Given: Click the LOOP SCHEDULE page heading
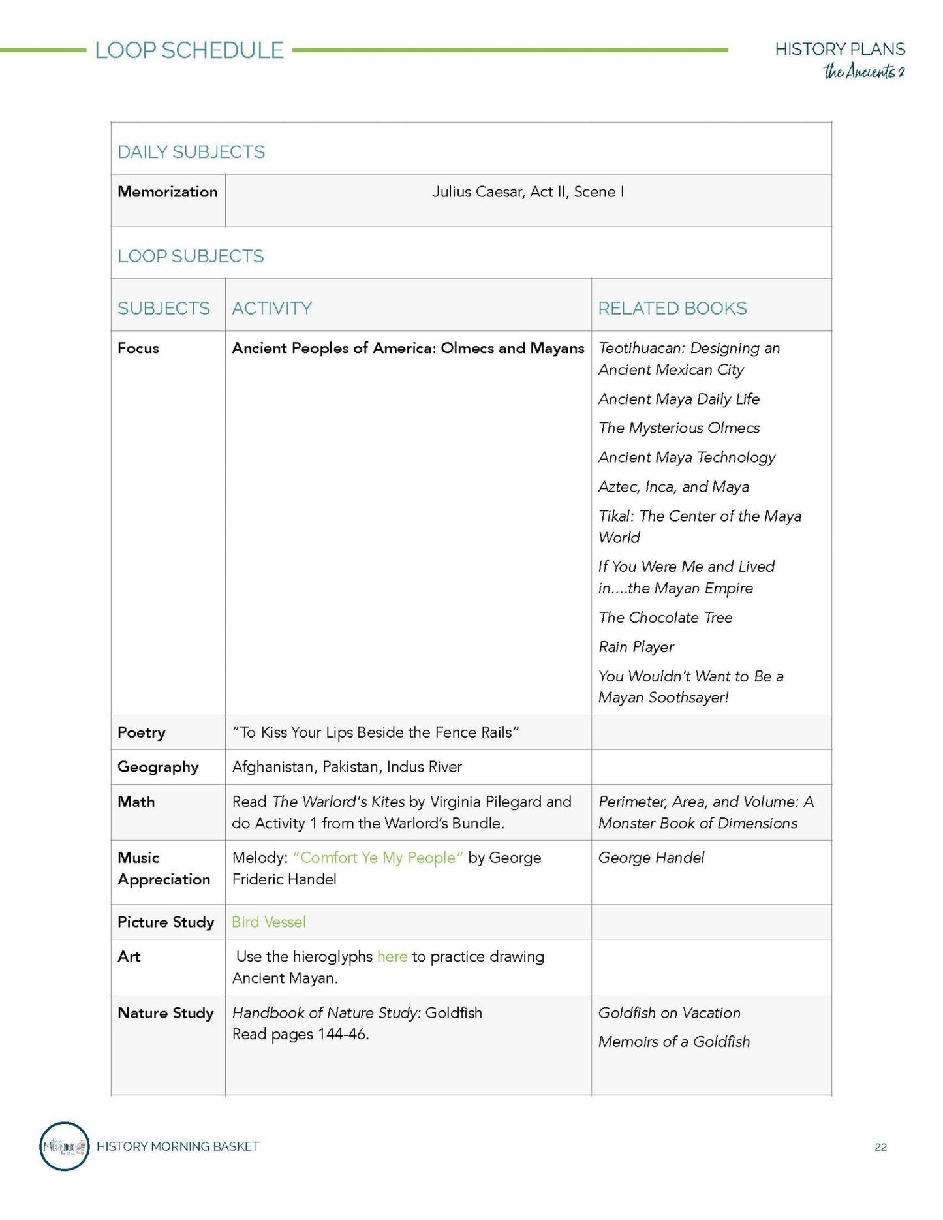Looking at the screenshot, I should point(189,50).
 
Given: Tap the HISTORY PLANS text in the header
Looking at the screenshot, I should point(839,49).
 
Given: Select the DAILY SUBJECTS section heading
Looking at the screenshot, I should point(191,152).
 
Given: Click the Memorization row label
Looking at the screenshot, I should point(167,192).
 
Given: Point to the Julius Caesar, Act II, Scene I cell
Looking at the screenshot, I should point(527,192).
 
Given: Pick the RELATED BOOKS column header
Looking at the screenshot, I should point(672,308).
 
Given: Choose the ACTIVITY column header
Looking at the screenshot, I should point(271,308).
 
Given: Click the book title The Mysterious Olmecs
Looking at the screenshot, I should point(679,428).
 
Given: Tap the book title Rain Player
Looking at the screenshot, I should point(636,647).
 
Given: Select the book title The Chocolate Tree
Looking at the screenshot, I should point(665,618).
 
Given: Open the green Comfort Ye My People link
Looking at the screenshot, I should point(378,858).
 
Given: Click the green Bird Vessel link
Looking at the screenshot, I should point(269,922).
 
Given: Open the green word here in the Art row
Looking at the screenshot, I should point(392,956).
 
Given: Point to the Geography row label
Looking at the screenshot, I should point(158,767).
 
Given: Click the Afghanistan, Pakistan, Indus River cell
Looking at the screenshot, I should point(347,767).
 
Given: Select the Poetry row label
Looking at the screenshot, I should point(141,732).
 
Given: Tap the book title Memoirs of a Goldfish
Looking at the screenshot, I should point(673,1042).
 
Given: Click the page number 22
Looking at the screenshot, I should point(880,1147).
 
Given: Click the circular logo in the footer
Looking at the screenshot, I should point(64,1146).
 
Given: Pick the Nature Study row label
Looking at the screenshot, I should point(166,1013).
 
